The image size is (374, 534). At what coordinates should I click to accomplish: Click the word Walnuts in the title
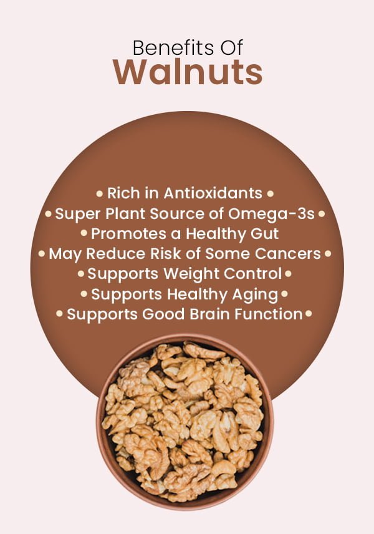click(188, 72)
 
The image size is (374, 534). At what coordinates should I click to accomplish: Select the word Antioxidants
click(213, 193)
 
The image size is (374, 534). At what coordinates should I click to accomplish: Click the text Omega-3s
click(271, 214)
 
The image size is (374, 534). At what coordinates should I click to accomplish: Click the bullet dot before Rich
click(99, 194)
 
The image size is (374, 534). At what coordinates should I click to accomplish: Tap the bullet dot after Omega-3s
click(322, 214)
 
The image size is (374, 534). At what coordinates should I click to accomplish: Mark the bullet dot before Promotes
click(84, 234)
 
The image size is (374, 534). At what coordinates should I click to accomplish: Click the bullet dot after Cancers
click(328, 254)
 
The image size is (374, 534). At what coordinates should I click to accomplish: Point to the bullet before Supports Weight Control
click(81, 273)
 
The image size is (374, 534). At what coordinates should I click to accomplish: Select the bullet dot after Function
click(309, 314)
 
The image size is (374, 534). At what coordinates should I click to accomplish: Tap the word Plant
click(125, 214)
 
